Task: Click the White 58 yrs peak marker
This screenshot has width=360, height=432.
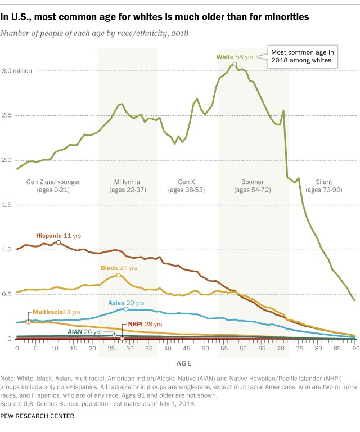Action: (235, 64)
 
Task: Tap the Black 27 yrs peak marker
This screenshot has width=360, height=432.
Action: (118, 275)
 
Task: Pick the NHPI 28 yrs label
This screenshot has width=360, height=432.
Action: (137, 325)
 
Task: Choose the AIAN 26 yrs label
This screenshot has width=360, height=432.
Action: (89, 332)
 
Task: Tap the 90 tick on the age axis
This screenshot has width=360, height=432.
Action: (354, 349)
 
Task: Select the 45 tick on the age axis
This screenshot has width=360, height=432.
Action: (186, 349)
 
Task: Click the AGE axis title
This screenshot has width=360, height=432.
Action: (187, 363)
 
